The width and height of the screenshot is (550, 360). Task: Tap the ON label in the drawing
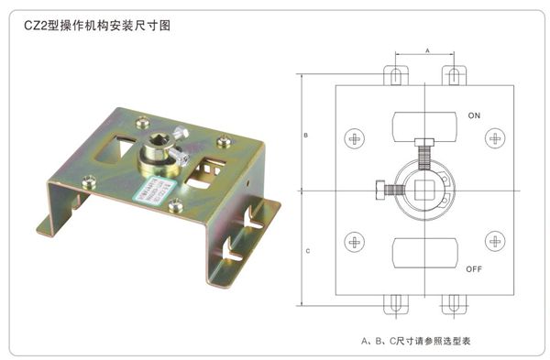click(x=473, y=117)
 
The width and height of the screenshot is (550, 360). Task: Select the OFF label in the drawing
click(x=473, y=269)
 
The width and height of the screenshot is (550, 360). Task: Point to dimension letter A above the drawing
click(x=427, y=52)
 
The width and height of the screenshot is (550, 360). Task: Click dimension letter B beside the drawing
click(x=305, y=136)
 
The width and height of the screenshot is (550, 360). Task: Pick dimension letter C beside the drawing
click(x=305, y=249)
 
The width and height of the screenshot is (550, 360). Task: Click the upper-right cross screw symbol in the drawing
click(x=496, y=139)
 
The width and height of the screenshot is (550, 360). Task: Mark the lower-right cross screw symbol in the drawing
click(x=496, y=243)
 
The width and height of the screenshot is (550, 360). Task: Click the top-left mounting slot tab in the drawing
click(x=397, y=74)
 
